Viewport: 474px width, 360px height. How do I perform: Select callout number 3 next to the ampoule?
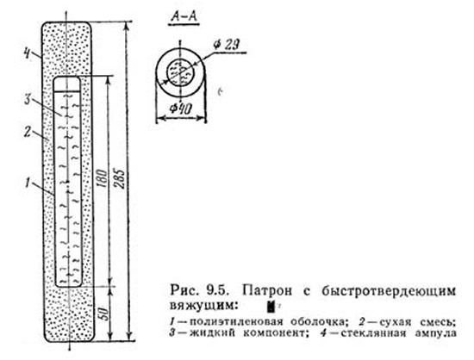point(28,99)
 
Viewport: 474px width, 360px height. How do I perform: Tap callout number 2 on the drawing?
point(28,133)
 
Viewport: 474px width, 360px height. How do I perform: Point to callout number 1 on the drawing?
point(28,183)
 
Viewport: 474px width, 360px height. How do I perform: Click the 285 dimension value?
point(121,179)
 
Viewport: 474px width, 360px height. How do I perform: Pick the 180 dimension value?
point(103,179)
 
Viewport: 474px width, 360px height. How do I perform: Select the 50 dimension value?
point(103,314)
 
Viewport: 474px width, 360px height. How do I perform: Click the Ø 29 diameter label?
point(226,45)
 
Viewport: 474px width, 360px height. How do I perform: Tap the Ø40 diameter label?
point(180,109)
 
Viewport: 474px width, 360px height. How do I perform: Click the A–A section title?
point(184,16)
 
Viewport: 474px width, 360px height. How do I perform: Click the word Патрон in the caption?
point(267,291)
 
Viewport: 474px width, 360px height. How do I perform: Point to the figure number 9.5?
point(215,291)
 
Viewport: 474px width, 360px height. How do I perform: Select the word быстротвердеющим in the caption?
point(388,291)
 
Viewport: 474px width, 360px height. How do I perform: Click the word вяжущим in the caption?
point(202,306)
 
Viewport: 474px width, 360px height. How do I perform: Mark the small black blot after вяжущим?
point(271,307)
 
